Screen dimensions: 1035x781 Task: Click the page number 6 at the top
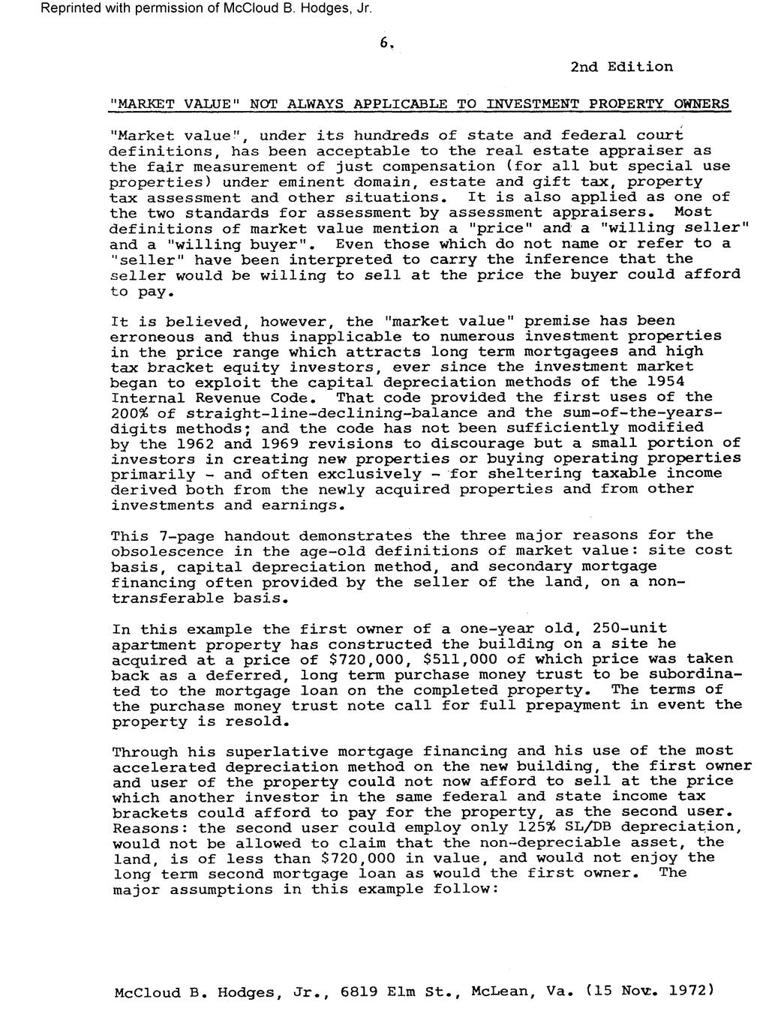tap(385, 43)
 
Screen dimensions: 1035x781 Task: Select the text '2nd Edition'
tap(621, 67)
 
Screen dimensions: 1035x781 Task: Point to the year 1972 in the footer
tap(686, 991)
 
